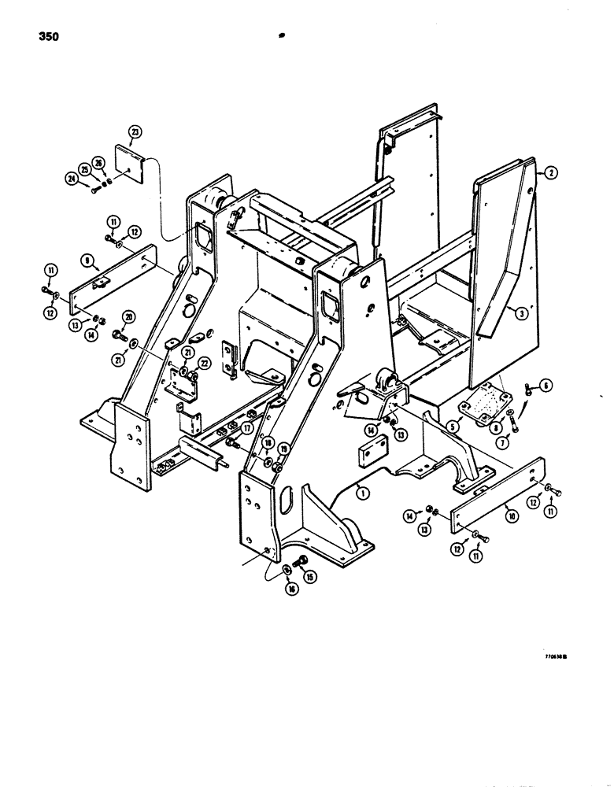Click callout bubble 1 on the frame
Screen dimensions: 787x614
[x=361, y=493]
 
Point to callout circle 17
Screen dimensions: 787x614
[x=248, y=428]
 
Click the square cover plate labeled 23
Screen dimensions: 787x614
[x=133, y=168]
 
